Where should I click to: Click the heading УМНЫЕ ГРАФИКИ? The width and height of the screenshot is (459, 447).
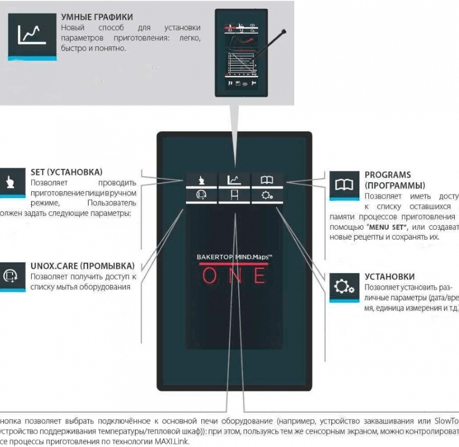click(97, 17)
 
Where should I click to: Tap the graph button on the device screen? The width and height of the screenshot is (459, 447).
click(234, 180)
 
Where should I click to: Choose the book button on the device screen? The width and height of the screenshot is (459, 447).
click(267, 180)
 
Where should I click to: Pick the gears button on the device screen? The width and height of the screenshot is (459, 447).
click(267, 196)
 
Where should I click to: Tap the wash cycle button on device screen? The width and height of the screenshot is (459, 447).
click(201, 196)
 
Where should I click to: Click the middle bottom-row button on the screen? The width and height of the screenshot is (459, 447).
click(234, 196)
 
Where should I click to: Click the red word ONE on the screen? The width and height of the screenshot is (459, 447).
click(234, 276)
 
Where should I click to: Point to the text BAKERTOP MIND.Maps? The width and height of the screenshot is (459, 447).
click(234, 257)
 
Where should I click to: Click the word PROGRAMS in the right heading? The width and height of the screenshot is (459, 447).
click(388, 175)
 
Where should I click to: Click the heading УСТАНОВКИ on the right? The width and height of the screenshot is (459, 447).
click(390, 277)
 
